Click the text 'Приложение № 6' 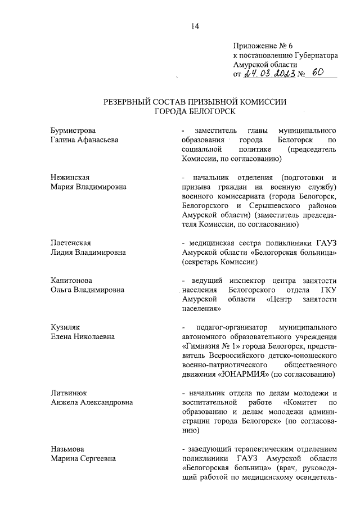point(259,47)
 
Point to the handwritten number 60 point(319,73)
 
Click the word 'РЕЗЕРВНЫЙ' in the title point(129,102)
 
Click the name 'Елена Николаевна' point(83,337)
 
